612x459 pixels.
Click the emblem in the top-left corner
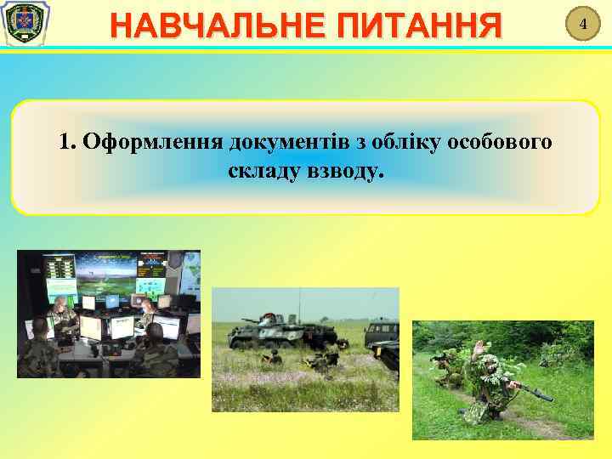tap(25, 25)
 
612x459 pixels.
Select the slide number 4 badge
tap(583, 25)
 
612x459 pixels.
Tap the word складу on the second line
tap(263, 172)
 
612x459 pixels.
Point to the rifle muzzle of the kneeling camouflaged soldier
tap(547, 398)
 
